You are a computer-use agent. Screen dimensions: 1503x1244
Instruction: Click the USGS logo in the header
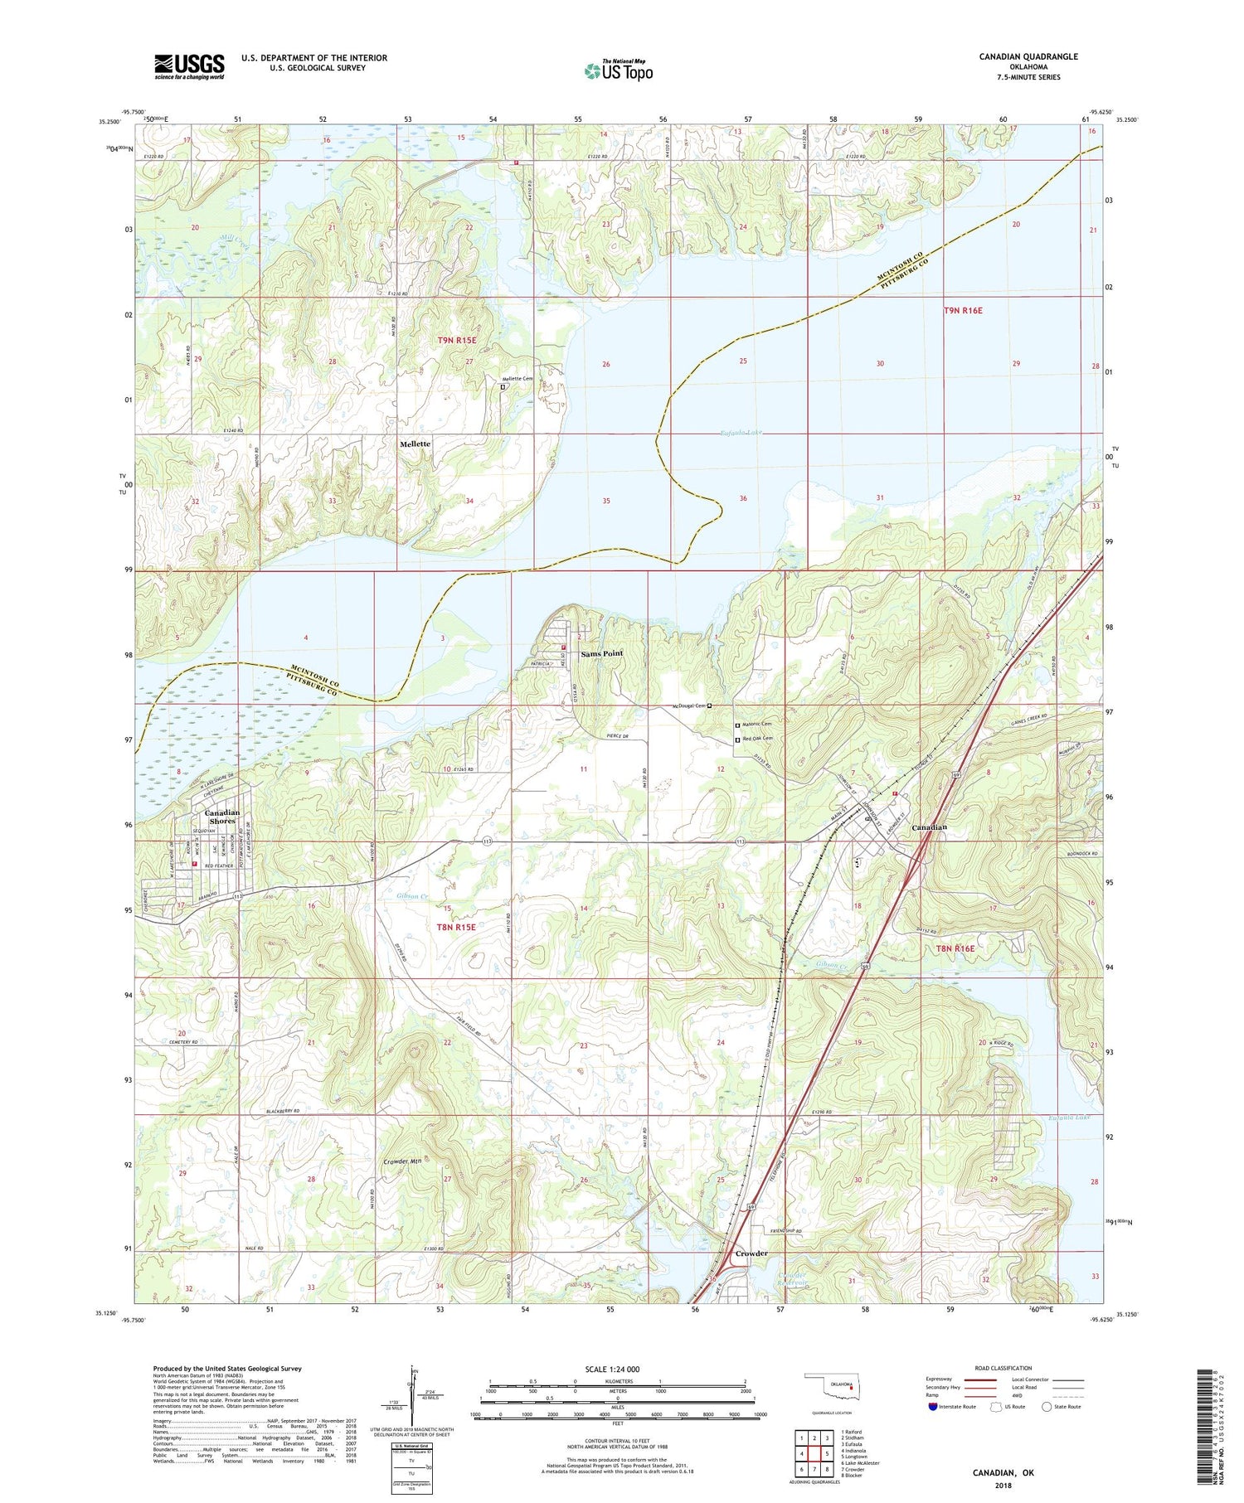click(x=189, y=66)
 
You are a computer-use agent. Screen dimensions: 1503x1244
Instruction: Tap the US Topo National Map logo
click(x=618, y=70)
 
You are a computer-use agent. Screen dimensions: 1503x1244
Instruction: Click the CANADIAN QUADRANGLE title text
click(x=1028, y=56)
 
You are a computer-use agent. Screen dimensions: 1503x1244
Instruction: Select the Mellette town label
click(x=415, y=444)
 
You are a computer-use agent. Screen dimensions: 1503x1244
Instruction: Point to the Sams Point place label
click(x=602, y=654)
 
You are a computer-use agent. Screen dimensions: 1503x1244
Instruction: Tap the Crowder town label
click(x=751, y=1253)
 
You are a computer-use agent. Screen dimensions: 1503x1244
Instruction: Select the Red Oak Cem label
click(x=757, y=739)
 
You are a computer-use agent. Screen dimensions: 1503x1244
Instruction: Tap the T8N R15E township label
click(x=456, y=927)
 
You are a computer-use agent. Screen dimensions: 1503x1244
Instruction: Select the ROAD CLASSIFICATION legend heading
click(x=1003, y=1368)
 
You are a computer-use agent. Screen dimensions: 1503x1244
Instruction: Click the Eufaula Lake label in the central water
click(x=740, y=434)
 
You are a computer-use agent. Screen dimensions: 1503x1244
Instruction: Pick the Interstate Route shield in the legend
click(x=934, y=1406)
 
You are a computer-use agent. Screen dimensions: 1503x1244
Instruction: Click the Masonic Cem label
click(x=756, y=724)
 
